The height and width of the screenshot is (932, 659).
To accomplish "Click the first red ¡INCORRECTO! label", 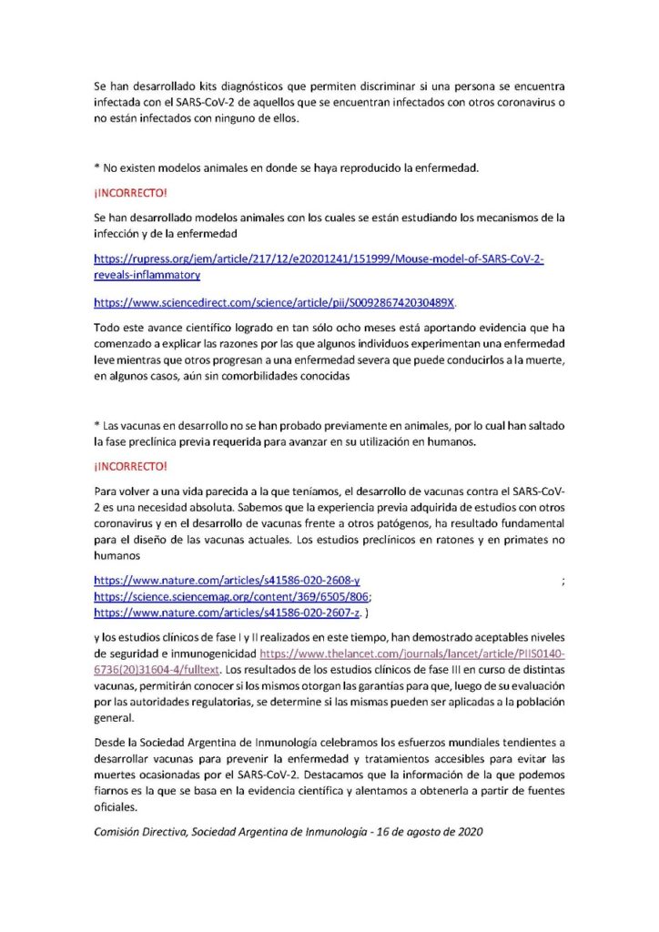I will click(130, 193).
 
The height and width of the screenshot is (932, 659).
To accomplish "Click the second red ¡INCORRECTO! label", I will click(130, 467).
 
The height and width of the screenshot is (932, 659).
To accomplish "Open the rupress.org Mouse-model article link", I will click(319, 259).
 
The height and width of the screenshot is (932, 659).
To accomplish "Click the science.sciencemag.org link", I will click(231, 596).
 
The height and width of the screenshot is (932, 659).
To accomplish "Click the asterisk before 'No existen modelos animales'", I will click(96, 168).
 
